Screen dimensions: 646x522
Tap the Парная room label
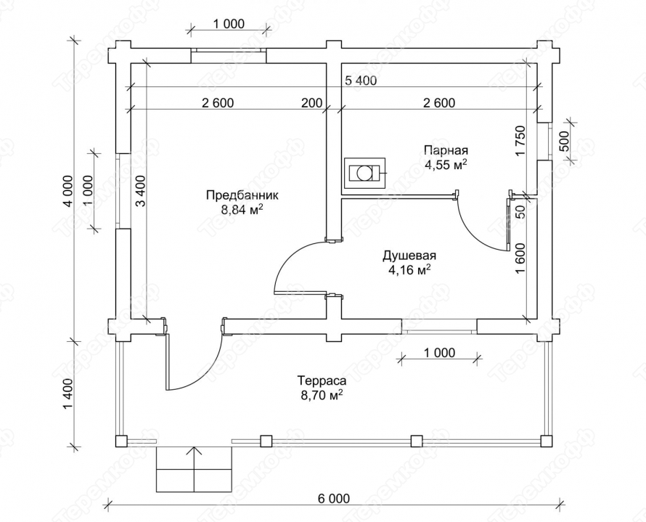point(446,149)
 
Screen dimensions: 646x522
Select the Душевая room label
point(409,256)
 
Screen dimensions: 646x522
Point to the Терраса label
point(322,380)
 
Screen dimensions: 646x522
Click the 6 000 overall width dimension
point(334,499)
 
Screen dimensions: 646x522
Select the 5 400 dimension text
point(361,81)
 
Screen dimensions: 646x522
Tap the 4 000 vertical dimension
point(68,191)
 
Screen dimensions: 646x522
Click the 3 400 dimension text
point(140,191)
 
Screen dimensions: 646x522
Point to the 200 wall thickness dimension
point(311,102)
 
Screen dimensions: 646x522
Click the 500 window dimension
point(564,142)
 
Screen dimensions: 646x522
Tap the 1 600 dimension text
point(520,258)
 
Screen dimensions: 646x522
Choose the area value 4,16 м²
point(409,271)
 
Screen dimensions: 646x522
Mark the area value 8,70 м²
point(322,395)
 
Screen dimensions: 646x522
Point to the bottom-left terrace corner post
point(121,441)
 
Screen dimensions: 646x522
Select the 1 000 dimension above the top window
point(229,24)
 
